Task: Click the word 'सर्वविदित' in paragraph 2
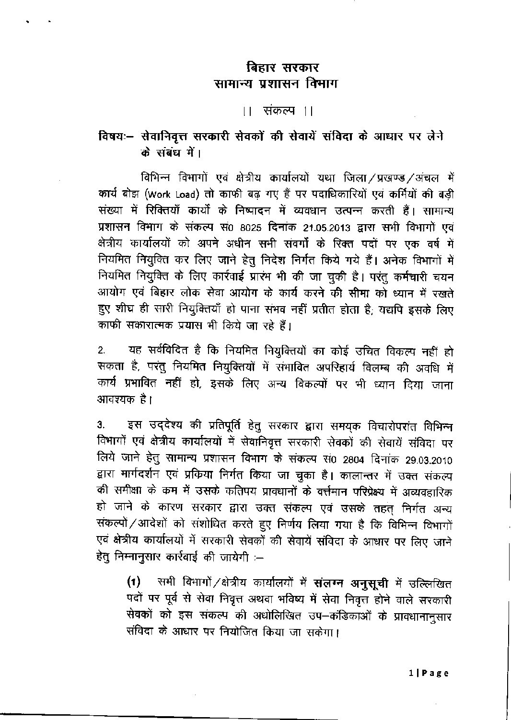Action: point(163,353)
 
